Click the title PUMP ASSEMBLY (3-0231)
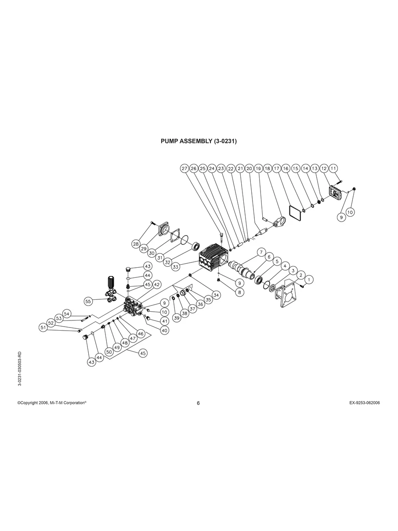pyautogui.click(x=199, y=142)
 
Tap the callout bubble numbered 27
pyautogui.click(x=185, y=168)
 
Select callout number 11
pyautogui.click(x=333, y=168)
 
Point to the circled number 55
pyautogui.click(x=89, y=301)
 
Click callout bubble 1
pyautogui.click(x=309, y=279)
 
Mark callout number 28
pyautogui.click(x=136, y=244)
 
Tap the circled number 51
pyautogui.click(x=43, y=327)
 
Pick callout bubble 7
pyautogui.click(x=261, y=252)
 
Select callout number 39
pyautogui.click(x=177, y=318)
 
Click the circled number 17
pyautogui.click(x=276, y=168)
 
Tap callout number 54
pyautogui.click(x=67, y=313)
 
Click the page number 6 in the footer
pyautogui.click(x=198, y=404)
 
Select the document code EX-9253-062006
pyautogui.click(x=362, y=403)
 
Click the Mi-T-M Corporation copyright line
pyautogui.click(x=51, y=403)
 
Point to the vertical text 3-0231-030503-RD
pyautogui.click(x=20, y=368)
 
